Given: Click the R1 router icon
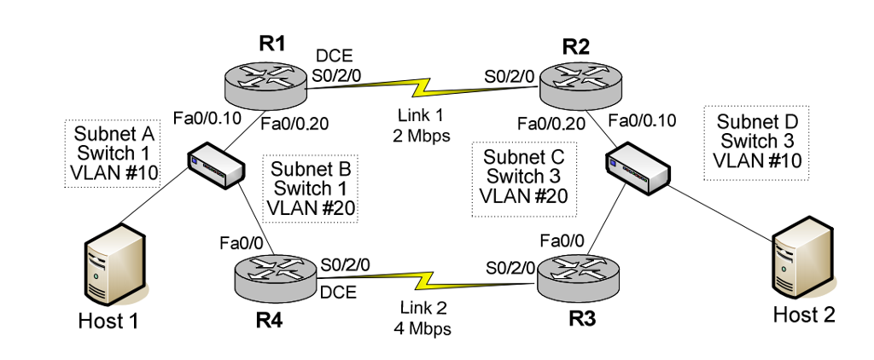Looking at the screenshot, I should (265, 83).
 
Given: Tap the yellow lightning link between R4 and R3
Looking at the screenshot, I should (422, 278).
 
